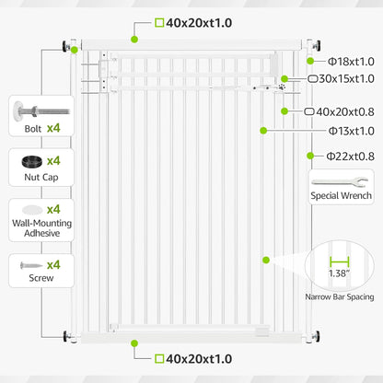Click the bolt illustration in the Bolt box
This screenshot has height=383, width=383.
(x=41, y=110)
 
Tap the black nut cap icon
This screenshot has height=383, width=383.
(x=32, y=161)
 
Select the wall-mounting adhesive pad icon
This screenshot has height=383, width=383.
(x=32, y=210)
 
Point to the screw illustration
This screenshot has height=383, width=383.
(x=31, y=265)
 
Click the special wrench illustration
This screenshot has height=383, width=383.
(x=340, y=182)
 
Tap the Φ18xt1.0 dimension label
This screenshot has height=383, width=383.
(x=351, y=62)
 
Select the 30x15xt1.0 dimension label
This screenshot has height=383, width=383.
(x=341, y=79)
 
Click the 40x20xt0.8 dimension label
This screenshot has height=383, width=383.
(x=339, y=112)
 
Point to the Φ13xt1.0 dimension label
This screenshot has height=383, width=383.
(x=352, y=132)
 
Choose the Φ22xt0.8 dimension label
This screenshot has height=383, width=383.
(x=351, y=157)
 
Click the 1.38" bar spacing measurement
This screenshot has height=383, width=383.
(x=339, y=273)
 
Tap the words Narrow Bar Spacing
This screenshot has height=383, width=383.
(x=340, y=296)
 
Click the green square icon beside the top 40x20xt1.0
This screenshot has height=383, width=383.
(x=159, y=23)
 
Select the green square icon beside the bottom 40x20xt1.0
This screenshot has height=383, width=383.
(x=159, y=358)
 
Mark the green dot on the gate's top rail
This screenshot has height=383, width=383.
(x=134, y=40)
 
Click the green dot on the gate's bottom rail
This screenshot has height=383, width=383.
(x=134, y=343)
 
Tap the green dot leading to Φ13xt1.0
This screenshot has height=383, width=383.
(x=263, y=131)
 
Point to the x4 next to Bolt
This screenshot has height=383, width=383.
(x=53, y=128)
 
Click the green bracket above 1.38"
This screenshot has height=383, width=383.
(x=340, y=261)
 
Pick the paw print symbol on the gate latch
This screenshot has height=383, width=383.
(x=282, y=87)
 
